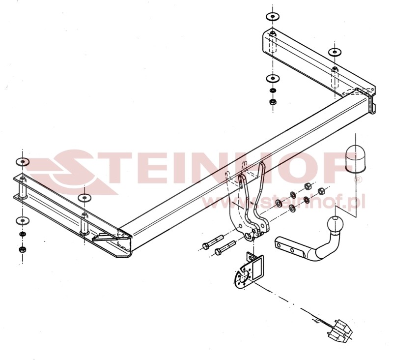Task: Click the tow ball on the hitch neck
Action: (335, 224)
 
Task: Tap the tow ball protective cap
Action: (355, 159)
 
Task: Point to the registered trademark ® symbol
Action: (358, 179)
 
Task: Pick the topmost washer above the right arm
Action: (273, 17)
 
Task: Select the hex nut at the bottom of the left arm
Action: (23, 249)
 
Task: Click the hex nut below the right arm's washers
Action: (273, 102)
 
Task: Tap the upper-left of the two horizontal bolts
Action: (213, 242)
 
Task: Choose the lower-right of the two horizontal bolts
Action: (225, 248)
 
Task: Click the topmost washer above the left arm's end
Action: (23, 162)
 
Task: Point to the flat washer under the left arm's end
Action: (23, 221)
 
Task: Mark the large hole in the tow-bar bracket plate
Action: (250, 235)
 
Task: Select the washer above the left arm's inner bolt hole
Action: (84, 198)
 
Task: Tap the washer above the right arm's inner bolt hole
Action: (335, 52)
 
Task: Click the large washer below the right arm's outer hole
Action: (273, 79)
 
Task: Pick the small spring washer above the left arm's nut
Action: (23, 234)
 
